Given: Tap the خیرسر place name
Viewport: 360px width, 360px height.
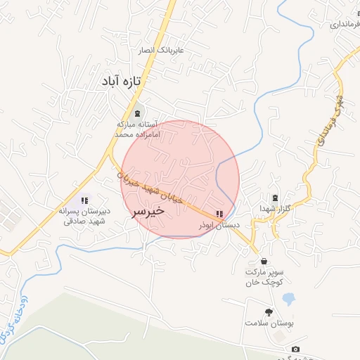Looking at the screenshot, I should [x=148, y=210].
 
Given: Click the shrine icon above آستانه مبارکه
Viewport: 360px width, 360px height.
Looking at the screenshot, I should [x=137, y=114].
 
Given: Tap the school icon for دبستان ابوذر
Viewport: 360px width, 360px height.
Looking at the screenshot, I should [x=219, y=214].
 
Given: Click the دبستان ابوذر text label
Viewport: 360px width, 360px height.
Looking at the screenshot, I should [x=219, y=225].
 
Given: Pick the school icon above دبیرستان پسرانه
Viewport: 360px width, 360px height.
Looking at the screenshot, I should [x=84, y=201].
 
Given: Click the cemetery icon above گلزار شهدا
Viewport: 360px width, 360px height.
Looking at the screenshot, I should [x=274, y=198].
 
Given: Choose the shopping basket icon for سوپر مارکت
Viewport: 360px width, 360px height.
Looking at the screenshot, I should [x=264, y=262].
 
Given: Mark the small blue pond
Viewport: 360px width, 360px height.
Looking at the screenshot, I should [x=288, y=298].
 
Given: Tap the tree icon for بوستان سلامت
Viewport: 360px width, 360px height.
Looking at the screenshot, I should [x=268, y=311].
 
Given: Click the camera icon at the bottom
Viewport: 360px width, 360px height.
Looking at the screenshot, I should [x=295, y=349].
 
